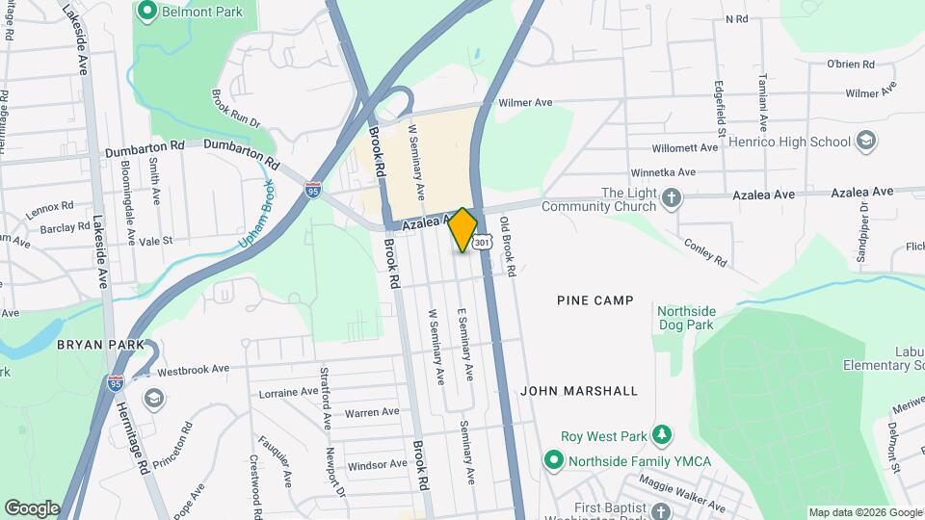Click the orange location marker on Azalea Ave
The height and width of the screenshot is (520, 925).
coord(463,229)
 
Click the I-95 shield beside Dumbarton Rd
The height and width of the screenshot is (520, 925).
coord(312,191)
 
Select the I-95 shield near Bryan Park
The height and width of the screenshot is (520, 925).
coord(116,384)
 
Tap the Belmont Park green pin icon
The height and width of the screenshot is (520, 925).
coord(147,12)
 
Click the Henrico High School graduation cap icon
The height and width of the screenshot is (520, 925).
coord(865,142)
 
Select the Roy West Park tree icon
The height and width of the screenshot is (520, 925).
coord(662,435)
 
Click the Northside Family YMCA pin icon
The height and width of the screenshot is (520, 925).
coord(553,461)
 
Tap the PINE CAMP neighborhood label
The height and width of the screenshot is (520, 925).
coord(595,300)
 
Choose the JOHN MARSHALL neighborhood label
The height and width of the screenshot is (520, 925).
coord(579,391)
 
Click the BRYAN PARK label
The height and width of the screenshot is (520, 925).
coord(100,344)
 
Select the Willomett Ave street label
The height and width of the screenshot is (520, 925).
coord(685,148)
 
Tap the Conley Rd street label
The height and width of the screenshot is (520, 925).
coord(707,250)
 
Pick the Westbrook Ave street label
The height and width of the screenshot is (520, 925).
coord(193,369)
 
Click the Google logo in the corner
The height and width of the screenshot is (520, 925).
coord(32,507)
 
